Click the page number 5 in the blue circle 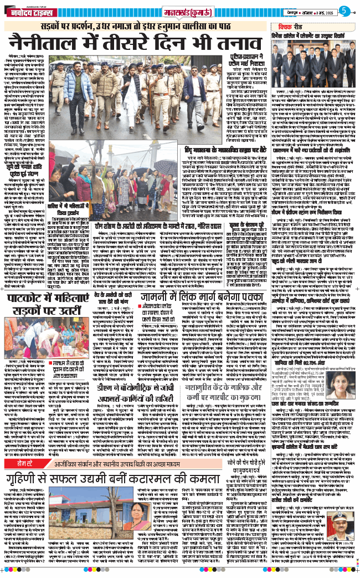click(x=344, y=9)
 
